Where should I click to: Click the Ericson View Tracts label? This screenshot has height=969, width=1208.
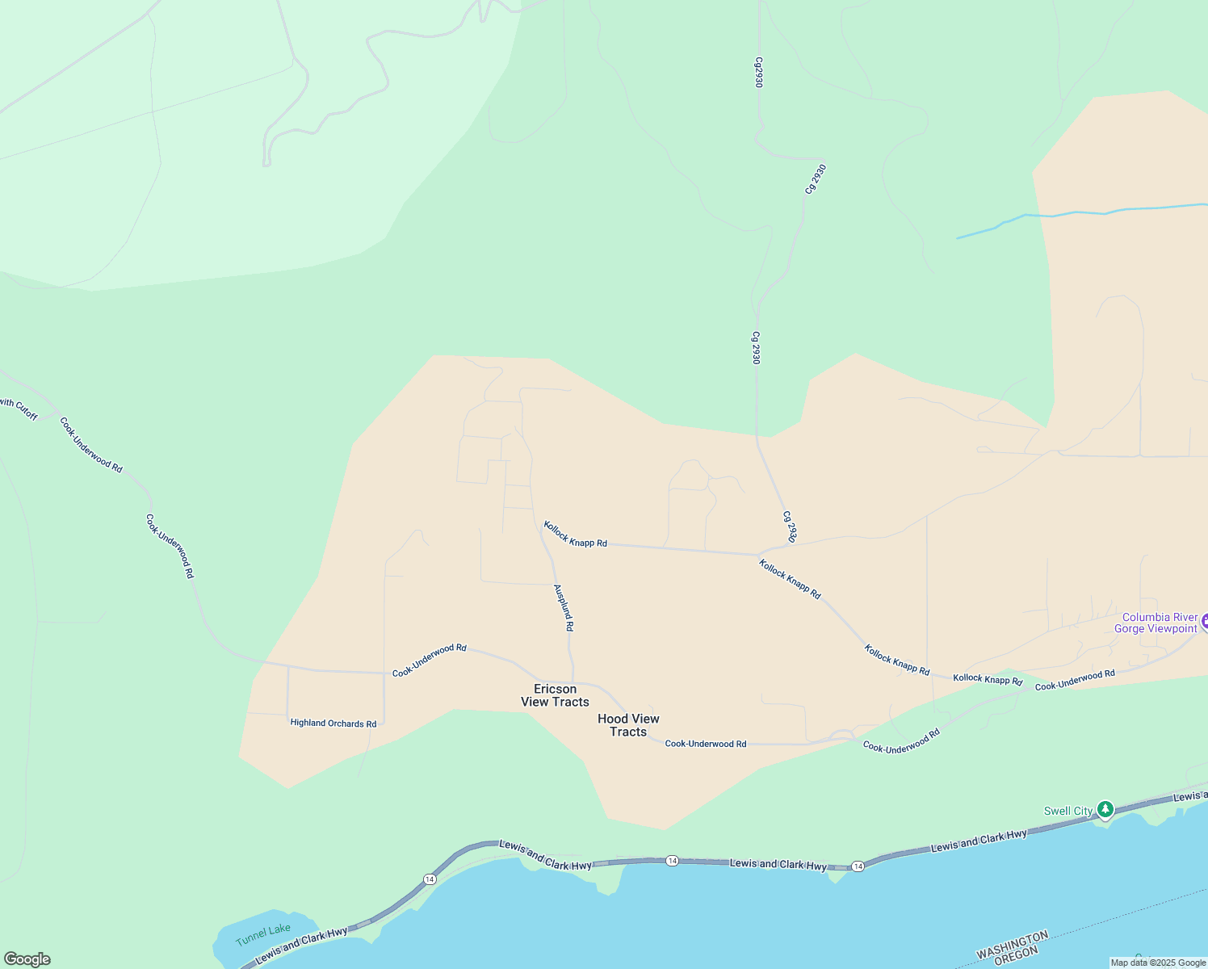tap(555, 695)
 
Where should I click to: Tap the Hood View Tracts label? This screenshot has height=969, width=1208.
tap(628, 725)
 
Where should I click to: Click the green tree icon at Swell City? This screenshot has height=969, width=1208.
tap(1105, 809)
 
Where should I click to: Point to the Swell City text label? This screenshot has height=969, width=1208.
tap(1067, 811)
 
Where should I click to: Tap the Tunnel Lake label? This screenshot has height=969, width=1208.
tap(263, 935)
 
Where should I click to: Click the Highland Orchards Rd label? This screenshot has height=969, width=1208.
tap(333, 724)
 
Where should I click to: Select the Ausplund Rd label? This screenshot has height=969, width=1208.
tap(564, 607)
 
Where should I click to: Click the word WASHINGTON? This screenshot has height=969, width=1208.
tap(1012, 946)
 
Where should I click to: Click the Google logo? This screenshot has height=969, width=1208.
tap(27, 959)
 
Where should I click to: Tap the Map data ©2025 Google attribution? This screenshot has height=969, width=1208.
tap(1158, 963)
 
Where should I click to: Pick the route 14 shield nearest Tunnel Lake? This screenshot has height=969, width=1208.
tap(430, 879)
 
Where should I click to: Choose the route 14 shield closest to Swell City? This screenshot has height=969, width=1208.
tap(858, 866)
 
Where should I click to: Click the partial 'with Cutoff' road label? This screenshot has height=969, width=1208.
tap(19, 409)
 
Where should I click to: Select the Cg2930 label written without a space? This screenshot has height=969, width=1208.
tap(758, 72)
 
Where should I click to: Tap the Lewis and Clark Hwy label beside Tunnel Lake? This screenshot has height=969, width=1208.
tap(301, 945)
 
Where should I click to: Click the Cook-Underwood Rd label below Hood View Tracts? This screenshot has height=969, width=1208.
tap(705, 744)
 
